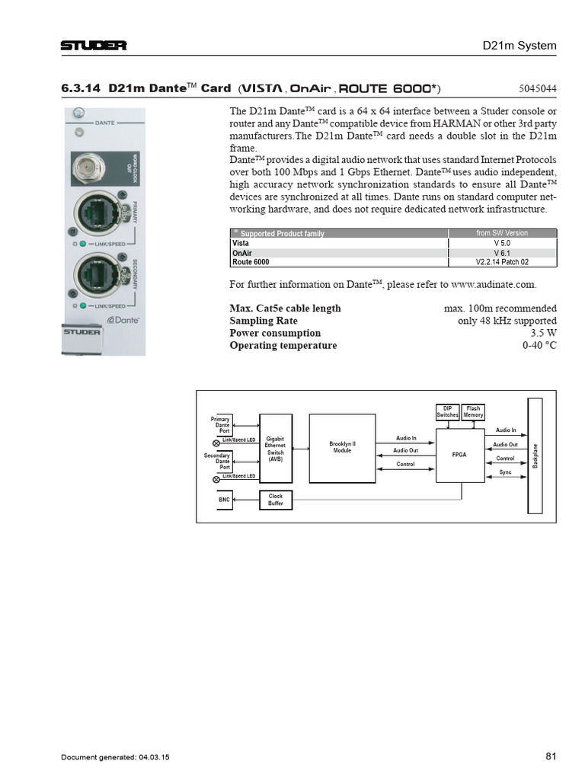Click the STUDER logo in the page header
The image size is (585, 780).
[x=94, y=46]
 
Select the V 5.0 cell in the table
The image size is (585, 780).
[x=501, y=242]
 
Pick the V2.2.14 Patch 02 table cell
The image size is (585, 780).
[x=501, y=262]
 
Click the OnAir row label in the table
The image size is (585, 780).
[x=241, y=252]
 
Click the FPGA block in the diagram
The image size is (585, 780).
[x=459, y=454]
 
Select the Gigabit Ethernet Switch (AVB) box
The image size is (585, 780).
[x=275, y=449]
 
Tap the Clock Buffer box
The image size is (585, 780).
[x=275, y=500]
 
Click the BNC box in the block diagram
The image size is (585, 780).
[x=224, y=500]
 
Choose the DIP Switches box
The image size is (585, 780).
[x=447, y=412]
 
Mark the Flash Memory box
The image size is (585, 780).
[x=473, y=412]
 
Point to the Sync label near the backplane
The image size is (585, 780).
[x=505, y=472]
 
